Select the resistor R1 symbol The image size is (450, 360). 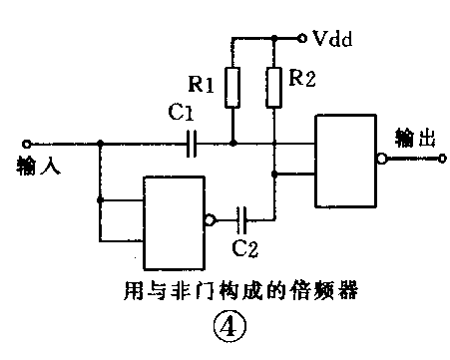232,88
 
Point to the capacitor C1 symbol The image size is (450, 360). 192,144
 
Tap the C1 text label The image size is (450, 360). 180,117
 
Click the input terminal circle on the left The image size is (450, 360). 26,144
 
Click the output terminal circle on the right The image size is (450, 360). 439,158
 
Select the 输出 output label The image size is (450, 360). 417,138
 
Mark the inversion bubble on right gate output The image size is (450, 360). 382,158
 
